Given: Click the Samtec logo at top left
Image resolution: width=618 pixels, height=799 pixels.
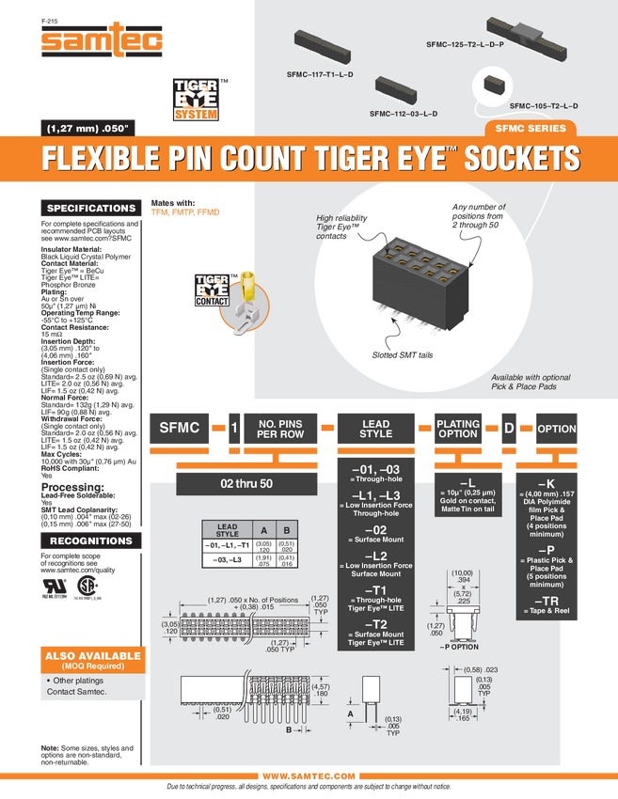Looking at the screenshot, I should tap(103, 40).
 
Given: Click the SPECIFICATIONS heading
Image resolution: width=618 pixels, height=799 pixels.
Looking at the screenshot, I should tap(91, 208).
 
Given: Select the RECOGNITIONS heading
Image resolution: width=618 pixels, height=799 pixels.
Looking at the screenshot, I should tap(91, 540).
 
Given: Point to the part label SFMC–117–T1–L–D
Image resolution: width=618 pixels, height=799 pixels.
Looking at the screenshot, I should tap(319, 72).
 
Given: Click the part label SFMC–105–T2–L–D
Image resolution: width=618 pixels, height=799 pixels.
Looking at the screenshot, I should tap(544, 105).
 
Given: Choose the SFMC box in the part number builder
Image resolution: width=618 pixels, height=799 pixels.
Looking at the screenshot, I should tap(180, 429).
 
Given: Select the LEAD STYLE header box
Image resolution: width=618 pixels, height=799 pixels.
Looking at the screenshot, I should tap(375, 429).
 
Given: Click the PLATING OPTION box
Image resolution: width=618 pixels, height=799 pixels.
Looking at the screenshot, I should tap(458, 429).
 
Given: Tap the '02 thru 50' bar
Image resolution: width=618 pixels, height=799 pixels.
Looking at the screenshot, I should tap(246, 483).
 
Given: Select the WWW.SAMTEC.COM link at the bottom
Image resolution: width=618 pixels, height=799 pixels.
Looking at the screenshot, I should tap(309, 775).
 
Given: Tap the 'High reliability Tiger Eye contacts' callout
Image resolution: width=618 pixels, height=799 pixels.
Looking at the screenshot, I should tap(341, 226).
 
